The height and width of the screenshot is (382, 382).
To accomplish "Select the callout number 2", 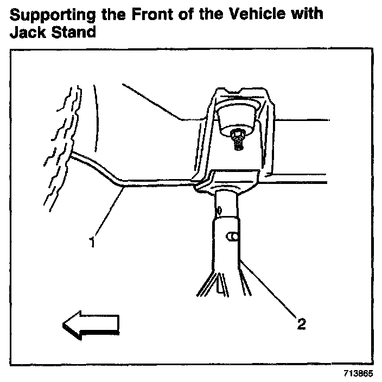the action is tap(300, 324).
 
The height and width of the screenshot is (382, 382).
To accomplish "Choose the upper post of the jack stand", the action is tap(227, 203).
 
